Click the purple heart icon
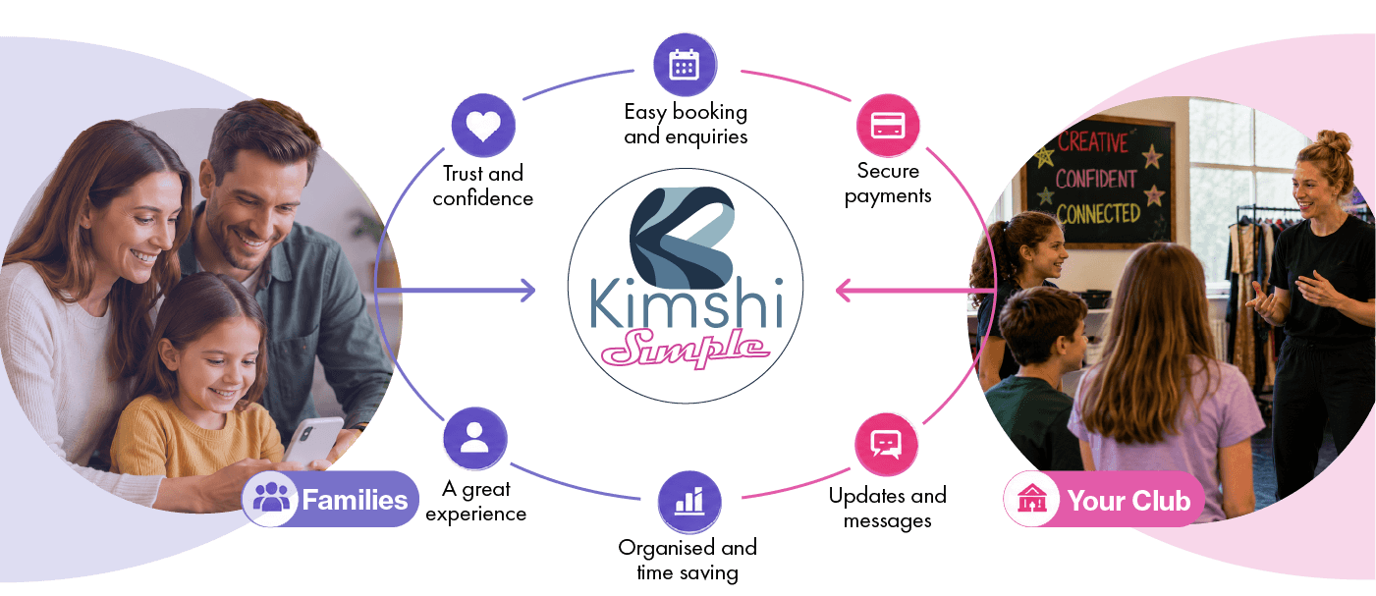483,126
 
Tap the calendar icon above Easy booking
685,65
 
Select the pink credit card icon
888,126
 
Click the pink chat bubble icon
886,445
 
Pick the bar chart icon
689,502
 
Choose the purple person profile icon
474,438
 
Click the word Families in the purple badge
355,500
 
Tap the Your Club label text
1129,501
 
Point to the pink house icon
1032,499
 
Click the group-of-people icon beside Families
271,497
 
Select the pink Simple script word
686,348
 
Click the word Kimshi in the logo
687,303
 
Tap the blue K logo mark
682,239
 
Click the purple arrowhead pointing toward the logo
528,291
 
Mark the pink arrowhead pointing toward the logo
843,291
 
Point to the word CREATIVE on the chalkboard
1093,141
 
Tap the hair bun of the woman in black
1334,141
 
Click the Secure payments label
888,183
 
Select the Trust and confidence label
483,186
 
